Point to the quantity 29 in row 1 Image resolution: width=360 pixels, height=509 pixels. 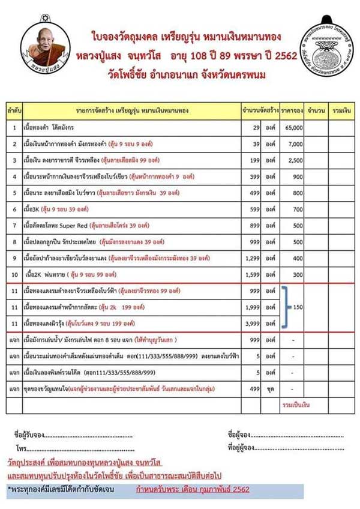tap(256, 128)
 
